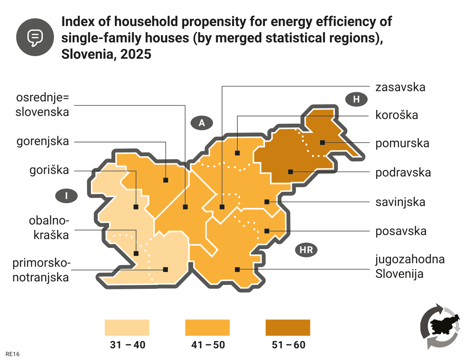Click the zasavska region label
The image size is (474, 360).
[x=400, y=87]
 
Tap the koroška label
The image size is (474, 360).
[x=397, y=115]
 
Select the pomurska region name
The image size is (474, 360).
[x=402, y=143]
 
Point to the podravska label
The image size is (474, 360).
[x=403, y=172]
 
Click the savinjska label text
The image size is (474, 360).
[x=400, y=202]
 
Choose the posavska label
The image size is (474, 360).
[x=401, y=231]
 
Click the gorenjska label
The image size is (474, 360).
[x=43, y=141]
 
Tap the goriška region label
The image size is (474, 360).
[x=49, y=170]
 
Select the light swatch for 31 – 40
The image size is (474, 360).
[x=127, y=327]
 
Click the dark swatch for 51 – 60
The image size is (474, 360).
[x=288, y=327]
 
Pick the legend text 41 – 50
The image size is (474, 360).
[x=208, y=345]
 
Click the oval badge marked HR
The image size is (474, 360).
[x=306, y=250]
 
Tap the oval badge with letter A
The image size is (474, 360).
[x=202, y=123]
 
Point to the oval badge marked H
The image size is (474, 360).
[x=356, y=99]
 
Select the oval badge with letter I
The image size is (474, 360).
[x=66, y=196]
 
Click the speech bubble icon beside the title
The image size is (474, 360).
[x=35, y=37]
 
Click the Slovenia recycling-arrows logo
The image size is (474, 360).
[x=440, y=326]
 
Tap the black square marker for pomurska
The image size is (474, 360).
[x=322, y=142]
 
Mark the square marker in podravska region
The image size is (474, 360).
[x=290, y=172]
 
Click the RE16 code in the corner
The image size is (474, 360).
[x=12, y=354]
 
